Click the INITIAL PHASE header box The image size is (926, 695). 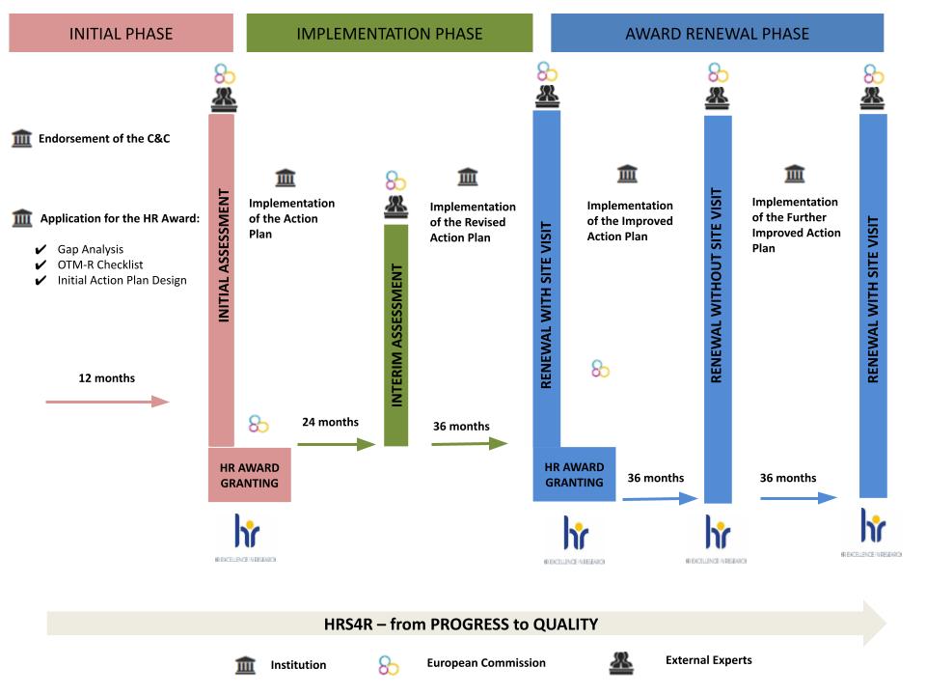pyautogui.click(x=121, y=33)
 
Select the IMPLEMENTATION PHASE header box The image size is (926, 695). pyautogui.click(x=389, y=33)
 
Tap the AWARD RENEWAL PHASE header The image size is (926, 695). pyautogui.click(x=717, y=33)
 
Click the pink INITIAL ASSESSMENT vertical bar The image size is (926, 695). pyautogui.click(x=222, y=280)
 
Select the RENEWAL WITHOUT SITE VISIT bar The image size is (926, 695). pyautogui.click(x=717, y=309)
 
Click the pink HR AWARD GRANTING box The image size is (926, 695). pyautogui.click(x=250, y=475)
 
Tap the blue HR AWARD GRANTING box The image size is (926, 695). pyautogui.click(x=574, y=475)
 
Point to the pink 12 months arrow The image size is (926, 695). pyautogui.click(x=107, y=401)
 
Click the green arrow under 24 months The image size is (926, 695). pyautogui.click(x=335, y=444)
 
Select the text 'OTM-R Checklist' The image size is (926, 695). pyautogui.click(x=100, y=264)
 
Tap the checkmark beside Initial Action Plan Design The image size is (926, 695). pyautogui.click(x=40, y=281)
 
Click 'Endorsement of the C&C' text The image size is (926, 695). pyautogui.click(x=104, y=139)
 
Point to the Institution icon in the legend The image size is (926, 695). pyautogui.click(x=246, y=664)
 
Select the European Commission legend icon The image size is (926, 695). pyautogui.click(x=388, y=664)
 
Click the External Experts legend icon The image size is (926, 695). pyautogui.click(x=620, y=662)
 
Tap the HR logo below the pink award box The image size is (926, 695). pyautogui.click(x=248, y=532)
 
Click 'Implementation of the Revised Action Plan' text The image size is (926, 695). pyautogui.click(x=473, y=222)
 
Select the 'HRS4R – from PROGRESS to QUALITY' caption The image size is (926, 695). pyautogui.click(x=461, y=624)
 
